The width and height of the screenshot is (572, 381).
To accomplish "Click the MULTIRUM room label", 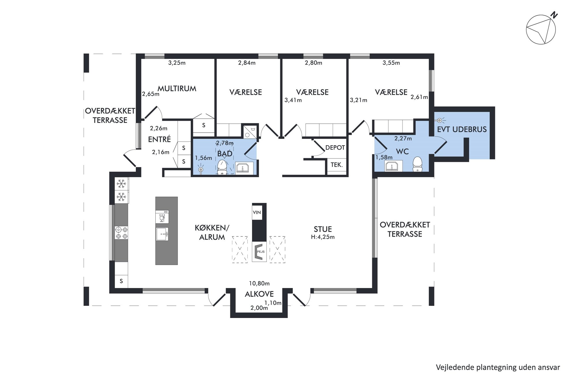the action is pos(177,89).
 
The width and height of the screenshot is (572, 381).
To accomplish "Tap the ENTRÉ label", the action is pos(159,139).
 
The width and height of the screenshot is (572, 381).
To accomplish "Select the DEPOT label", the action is pos(335,148).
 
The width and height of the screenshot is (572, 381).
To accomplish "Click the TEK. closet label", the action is pos(336,165).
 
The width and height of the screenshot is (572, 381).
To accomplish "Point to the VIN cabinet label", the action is pos(257,213).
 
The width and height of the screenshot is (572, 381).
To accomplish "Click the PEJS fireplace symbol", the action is pos(259,251).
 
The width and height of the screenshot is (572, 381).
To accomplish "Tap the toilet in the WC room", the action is pos(417,164).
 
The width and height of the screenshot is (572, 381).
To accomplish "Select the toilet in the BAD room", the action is pos(222,167).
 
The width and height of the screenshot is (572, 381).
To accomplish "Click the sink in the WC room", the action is pos(392,166).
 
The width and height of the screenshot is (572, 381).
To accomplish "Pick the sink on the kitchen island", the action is pos(162,234).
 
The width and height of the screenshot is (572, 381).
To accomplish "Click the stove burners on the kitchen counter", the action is pos(121,233).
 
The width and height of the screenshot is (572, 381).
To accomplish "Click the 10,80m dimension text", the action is pos(259,283).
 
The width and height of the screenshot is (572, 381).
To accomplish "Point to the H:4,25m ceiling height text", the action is pos(323,237).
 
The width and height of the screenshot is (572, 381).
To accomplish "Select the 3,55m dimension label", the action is pos(391,63).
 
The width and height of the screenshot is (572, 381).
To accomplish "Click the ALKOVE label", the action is pos(259,294).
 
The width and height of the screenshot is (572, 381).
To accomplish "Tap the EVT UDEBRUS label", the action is pos(462,130).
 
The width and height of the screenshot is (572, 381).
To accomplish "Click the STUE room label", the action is pos(323,229).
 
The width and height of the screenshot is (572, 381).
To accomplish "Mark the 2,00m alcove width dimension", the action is pos(259,308).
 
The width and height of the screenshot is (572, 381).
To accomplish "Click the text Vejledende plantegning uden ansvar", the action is pos(498,367).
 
